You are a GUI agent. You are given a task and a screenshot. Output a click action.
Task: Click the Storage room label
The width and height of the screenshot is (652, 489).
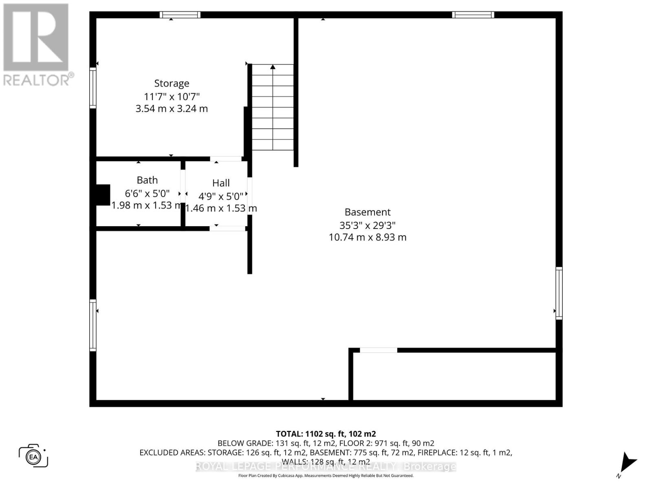[172, 84]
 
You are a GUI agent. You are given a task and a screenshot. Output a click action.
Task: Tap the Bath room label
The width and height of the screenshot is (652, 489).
[147, 180]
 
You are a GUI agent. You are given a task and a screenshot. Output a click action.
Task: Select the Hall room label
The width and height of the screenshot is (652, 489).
[221, 183]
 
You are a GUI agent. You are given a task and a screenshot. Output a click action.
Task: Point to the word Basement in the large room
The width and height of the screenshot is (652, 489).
[368, 212]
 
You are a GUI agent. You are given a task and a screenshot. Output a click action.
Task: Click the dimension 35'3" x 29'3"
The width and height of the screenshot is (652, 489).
[368, 225]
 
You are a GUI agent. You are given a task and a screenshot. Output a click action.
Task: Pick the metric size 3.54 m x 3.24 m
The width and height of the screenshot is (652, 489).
[172, 109]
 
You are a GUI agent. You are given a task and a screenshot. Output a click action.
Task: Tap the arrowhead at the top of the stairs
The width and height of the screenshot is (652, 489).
[273, 67]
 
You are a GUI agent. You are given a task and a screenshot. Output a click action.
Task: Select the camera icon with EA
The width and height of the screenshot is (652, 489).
[33, 456]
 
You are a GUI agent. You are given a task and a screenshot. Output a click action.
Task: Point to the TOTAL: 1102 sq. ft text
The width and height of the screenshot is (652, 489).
[326, 434]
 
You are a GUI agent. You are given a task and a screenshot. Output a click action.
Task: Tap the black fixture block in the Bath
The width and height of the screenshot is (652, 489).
[103, 195]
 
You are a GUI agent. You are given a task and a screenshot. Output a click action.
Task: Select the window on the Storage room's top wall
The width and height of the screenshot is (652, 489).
[180, 15]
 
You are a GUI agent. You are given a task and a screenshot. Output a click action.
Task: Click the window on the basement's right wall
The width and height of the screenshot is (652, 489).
[559, 293]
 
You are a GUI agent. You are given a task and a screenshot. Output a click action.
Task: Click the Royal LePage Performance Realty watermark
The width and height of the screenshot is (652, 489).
[326, 467]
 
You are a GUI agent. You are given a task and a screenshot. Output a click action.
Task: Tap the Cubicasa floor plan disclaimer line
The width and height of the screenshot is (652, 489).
[326, 476]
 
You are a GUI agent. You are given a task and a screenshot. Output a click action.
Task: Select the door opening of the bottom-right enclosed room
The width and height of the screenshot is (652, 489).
[378, 350]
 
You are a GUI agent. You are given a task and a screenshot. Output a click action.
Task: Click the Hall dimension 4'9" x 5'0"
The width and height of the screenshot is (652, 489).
[221, 196]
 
